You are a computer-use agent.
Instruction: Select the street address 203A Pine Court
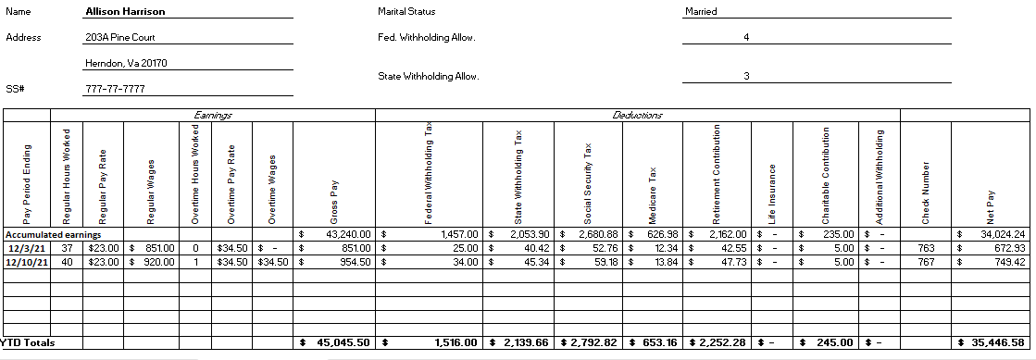tap(119, 38)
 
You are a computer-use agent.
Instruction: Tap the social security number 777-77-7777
tap(114, 89)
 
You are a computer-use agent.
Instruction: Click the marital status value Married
tap(701, 12)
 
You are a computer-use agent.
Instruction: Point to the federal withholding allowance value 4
tap(746, 38)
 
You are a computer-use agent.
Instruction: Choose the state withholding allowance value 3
tap(746, 76)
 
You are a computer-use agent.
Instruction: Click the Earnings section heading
tap(212, 115)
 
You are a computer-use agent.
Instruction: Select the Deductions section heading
tap(638, 115)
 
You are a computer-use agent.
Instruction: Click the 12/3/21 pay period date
tap(26, 248)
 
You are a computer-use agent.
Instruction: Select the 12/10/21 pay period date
tap(26, 262)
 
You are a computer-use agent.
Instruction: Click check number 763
tap(926, 248)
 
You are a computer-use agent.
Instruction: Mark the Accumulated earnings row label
tap(53, 234)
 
